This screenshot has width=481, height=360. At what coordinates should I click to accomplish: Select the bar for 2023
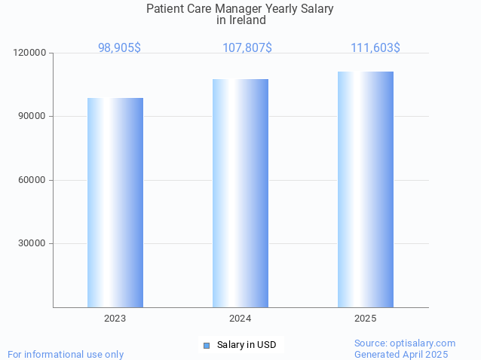[x=115, y=203]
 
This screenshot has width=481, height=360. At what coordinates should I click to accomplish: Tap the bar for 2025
[x=366, y=189]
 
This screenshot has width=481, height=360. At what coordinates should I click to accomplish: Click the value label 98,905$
[x=119, y=47]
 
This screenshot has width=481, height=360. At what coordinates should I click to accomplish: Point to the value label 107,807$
[x=247, y=47]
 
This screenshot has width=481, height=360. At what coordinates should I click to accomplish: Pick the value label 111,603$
[x=375, y=47]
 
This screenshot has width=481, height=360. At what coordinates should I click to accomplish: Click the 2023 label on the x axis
[x=115, y=319]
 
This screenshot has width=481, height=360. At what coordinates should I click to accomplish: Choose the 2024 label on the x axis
[x=240, y=319]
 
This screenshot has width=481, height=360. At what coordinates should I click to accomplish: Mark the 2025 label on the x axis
[x=366, y=319]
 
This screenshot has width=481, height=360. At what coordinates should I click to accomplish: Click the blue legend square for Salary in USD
[x=207, y=345]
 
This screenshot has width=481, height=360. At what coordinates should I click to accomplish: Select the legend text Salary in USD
[x=247, y=345]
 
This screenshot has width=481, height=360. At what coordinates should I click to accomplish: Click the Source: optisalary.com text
[x=405, y=343]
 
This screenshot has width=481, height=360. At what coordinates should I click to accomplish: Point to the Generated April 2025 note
[x=401, y=354]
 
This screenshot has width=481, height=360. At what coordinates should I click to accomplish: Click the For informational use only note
[x=66, y=354]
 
